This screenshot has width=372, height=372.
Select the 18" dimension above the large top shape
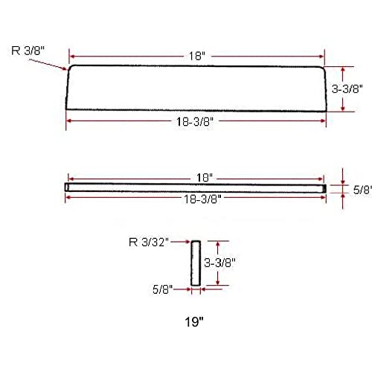point(196,54)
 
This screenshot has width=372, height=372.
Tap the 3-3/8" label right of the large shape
point(346,89)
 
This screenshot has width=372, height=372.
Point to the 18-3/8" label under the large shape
point(196,121)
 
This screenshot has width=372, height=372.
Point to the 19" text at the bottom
point(196,323)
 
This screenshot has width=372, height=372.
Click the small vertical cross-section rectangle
point(196,263)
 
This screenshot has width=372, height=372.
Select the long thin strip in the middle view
point(196,187)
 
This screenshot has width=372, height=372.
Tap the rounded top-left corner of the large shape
point(70,69)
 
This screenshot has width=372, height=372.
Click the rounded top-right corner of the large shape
point(323,68)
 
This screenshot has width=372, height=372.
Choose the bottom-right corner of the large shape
point(326,111)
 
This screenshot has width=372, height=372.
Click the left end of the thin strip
point(67,187)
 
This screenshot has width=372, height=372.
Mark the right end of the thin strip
point(325,187)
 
